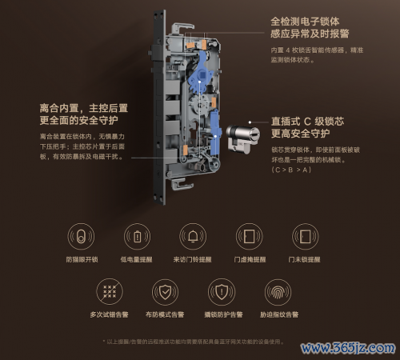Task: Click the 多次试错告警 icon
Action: click(109, 291)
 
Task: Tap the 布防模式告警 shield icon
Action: click(165, 291)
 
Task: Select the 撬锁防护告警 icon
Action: click(221, 291)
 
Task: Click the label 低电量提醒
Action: click(138, 260)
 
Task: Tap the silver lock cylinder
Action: click(240, 138)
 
